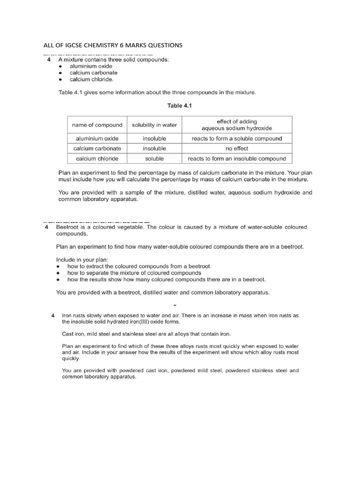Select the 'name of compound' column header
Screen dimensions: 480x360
[97, 125]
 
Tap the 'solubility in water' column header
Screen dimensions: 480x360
[154, 125]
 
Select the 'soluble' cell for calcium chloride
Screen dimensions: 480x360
[154, 158]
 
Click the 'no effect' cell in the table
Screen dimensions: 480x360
[236, 149]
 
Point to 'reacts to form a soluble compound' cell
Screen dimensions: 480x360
[236, 139]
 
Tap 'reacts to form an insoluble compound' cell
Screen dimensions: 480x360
[236, 158]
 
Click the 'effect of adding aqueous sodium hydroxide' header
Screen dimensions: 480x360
[236, 125]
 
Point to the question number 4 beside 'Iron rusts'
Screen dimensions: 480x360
[53, 315]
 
